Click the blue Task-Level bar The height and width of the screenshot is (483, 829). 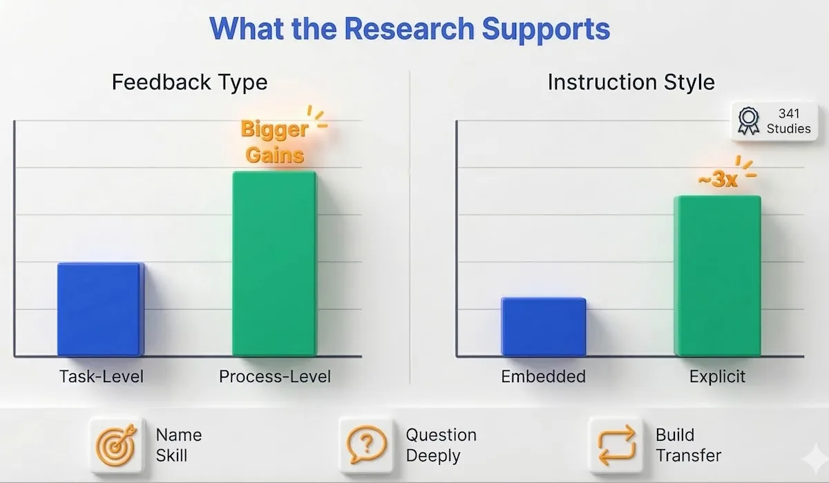[x=100, y=309]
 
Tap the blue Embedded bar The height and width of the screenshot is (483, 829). [x=544, y=327]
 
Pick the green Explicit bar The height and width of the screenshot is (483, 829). [x=717, y=276]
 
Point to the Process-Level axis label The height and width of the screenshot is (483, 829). [x=275, y=377]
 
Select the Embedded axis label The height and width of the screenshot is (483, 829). [x=543, y=377]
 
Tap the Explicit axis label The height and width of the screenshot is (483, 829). [x=717, y=377]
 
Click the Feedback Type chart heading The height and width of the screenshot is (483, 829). [x=189, y=83]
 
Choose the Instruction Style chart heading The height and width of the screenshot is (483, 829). [x=631, y=83]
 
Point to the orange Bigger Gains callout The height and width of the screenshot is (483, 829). [x=275, y=142]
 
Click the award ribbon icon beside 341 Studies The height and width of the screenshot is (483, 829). [x=748, y=121]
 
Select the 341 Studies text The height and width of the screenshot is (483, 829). [x=788, y=121]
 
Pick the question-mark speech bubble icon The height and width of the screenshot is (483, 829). [x=367, y=446]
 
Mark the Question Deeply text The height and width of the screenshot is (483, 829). [x=441, y=446]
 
